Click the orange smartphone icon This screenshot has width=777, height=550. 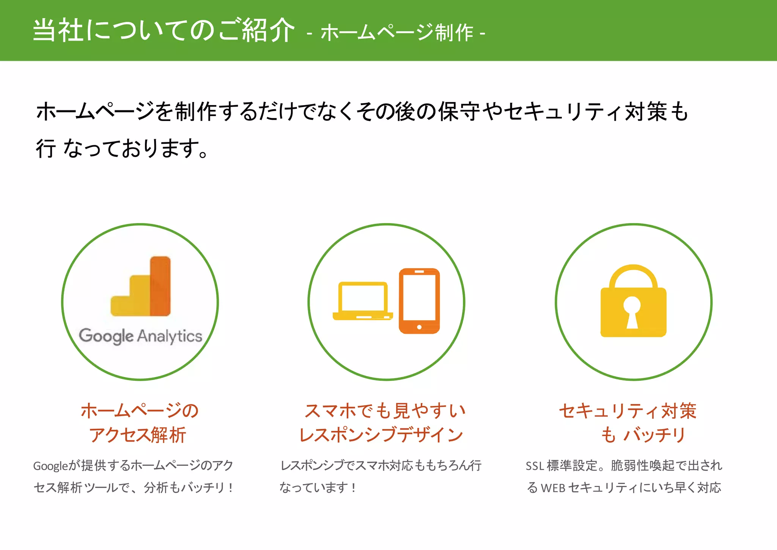pyautogui.click(x=419, y=301)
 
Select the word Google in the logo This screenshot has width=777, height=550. pyautogui.click(x=106, y=336)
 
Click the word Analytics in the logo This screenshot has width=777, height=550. pyautogui.click(x=170, y=336)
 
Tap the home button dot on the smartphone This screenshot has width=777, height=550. pyautogui.click(x=419, y=327)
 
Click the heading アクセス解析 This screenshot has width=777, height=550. pyautogui.click(x=137, y=435)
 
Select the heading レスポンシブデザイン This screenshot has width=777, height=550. pyautogui.click(x=381, y=435)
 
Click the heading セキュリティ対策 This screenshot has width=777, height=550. pyautogui.click(x=628, y=411)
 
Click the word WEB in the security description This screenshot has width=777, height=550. pyautogui.click(x=553, y=488)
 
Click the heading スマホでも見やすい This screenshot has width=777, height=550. pyautogui.click(x=385, y=411)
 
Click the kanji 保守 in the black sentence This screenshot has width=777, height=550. pyautogui.click(x=459, y=112)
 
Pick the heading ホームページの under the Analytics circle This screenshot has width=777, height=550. pyautogui.click(x=140, y=411)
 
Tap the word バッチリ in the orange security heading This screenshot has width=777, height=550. pyautogui.click(x=654, y=435)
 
